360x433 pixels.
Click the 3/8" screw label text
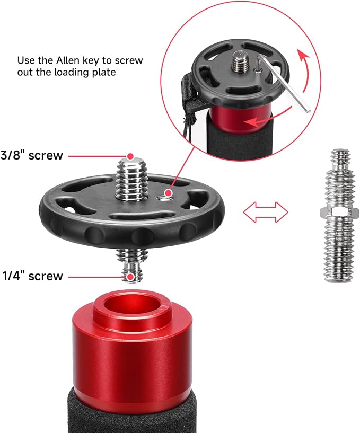(x=32, y=155)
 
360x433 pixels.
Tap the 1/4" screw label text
(x=33, y=276)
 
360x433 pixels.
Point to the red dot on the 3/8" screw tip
(x=130, y=156)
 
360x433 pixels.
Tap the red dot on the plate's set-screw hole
(x=168, y=193)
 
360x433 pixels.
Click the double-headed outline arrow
(x=266, y=212)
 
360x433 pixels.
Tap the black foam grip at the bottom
(x=131, y=412)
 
